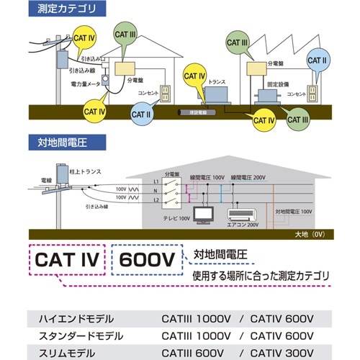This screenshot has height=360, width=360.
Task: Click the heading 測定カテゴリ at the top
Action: [71, 10]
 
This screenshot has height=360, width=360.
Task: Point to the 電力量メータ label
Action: [84, 86]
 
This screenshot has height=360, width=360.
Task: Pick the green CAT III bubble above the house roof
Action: [125, 33]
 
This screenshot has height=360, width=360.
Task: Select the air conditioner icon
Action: [242, 214]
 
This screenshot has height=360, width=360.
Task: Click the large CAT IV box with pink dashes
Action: [68, 260]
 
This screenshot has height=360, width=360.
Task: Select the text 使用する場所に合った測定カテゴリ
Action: [260, 276]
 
